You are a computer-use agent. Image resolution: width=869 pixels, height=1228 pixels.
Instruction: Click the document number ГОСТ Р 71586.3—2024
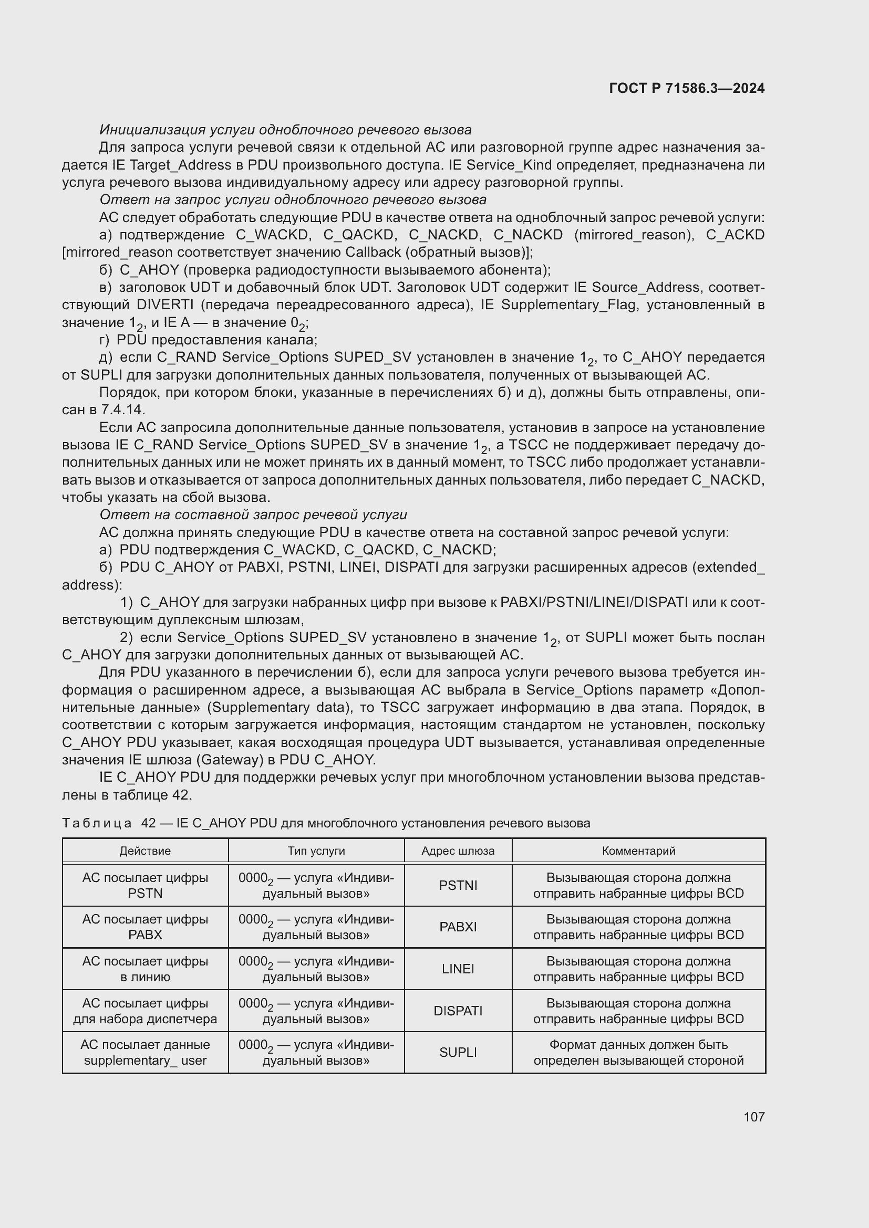(687, 88)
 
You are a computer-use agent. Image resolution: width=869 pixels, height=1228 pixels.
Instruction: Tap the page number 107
(754, 1117)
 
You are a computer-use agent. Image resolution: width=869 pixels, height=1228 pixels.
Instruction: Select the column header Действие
(145, 851)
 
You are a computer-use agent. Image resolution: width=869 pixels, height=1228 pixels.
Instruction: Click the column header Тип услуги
(316, 851)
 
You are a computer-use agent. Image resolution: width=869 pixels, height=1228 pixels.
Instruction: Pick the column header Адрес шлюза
(458, 851)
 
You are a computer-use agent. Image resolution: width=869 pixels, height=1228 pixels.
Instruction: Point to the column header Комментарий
(638, 851)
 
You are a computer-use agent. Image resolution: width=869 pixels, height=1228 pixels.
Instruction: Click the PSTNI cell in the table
(458, 885)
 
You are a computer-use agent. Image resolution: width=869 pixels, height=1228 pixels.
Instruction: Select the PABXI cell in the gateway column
(458, 927)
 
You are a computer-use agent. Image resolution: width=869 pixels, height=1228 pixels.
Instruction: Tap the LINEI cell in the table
(458, 969)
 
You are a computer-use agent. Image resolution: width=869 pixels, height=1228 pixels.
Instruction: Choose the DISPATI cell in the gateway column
(458, 1011)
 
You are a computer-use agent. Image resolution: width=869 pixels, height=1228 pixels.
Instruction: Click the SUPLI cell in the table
(458, 1052)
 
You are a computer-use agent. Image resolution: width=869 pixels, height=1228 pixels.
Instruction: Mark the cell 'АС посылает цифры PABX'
(145, 927)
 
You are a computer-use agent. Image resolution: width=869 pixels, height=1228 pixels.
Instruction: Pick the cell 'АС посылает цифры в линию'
(145, 969)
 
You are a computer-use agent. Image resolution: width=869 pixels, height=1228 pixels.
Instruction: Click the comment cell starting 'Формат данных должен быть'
(638, 1052)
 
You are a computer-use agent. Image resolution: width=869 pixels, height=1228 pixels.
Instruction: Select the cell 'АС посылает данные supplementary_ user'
(145, 1052)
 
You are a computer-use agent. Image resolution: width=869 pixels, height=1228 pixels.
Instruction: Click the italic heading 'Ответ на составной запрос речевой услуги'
(253, 515)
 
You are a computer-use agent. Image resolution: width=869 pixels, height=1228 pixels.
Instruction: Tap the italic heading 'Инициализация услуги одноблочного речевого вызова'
(285, 130)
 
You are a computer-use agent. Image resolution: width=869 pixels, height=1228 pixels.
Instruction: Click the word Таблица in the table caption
(97, 823)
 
